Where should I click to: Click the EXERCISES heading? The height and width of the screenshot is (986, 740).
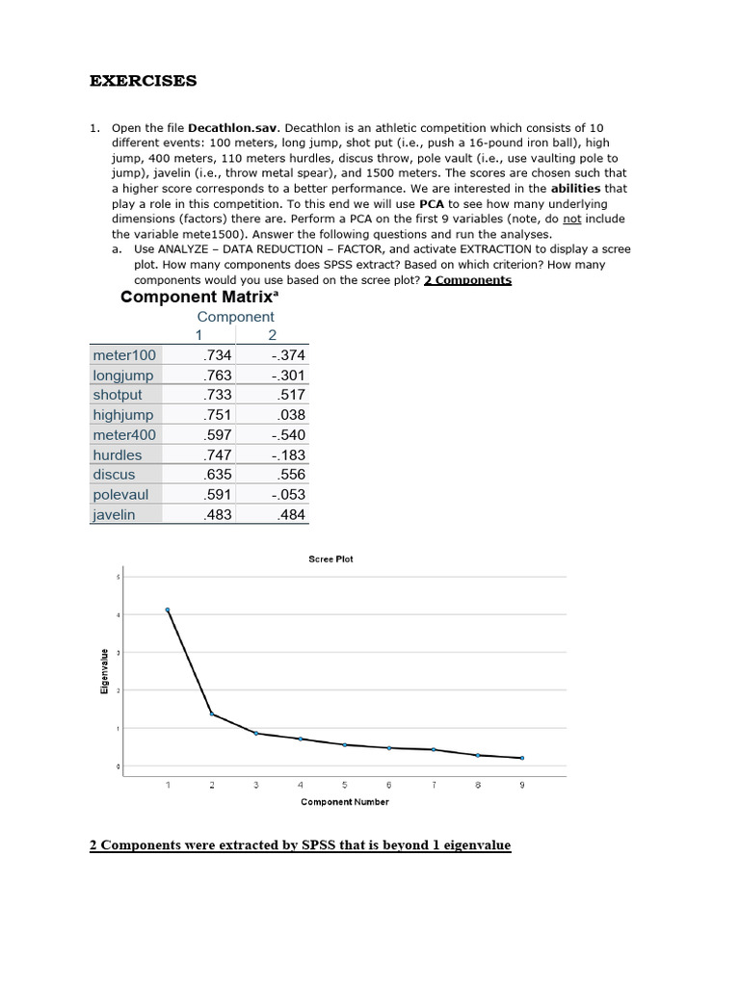[x=143, y=81]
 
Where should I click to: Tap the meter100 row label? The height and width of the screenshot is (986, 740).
[x=124, y=355]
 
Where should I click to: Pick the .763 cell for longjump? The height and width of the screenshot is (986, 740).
[x=219, y=376]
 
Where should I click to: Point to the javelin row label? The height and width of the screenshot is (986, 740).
[x=115, y=515]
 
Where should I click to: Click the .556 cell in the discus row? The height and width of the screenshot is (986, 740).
[x=290, y=475]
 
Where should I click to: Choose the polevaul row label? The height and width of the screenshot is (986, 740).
[x=119, y=495]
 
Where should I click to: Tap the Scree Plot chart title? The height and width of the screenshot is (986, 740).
[x=330, y=559]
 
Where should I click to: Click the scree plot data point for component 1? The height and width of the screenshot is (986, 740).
[x=168, y=610]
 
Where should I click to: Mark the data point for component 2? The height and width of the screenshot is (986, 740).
[x=212, y=714]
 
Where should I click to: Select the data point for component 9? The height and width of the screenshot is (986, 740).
[x=522, y=758]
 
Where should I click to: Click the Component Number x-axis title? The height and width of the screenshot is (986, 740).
[x=344, y=802]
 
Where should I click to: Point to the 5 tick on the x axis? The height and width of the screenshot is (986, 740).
[x=345, y=785]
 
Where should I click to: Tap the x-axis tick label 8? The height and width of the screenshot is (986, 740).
[x=478, y=785]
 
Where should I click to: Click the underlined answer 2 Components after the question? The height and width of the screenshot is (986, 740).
[x=467, y=280]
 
